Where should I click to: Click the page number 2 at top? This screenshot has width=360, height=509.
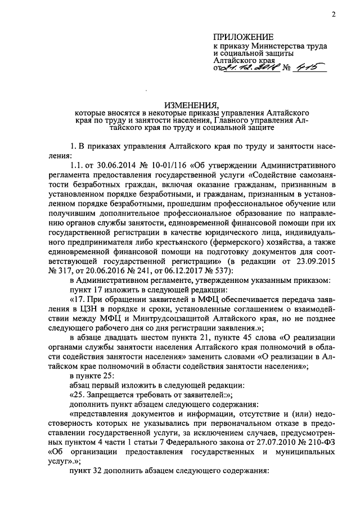click(334, 15)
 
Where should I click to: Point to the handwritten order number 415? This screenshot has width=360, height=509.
click(303, 68)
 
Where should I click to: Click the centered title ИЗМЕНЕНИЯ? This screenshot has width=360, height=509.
click(191, 105)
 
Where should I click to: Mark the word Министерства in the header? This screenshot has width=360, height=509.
click(269, 46)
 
